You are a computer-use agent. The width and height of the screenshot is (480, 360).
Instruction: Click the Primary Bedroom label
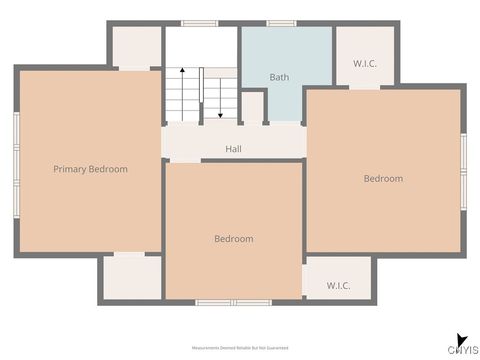90,169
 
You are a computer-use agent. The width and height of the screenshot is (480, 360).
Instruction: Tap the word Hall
233,149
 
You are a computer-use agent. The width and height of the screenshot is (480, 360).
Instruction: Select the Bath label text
280,77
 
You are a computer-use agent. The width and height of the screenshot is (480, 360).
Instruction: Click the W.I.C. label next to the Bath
364,64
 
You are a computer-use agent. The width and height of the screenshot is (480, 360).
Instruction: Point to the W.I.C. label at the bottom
338,286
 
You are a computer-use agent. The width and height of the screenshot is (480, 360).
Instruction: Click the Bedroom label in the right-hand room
383,178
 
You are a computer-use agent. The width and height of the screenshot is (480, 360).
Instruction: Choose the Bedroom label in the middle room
233,239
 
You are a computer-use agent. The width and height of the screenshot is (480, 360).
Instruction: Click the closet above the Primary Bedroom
136,46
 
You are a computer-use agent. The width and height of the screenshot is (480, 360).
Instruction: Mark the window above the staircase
199,23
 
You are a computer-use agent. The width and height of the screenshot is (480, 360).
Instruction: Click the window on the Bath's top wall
281,23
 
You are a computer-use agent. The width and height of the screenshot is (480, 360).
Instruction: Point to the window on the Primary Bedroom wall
15,164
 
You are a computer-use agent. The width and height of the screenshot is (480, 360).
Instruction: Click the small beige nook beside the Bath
253,106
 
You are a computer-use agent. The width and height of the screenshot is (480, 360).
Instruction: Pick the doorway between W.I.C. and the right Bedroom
364,87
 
